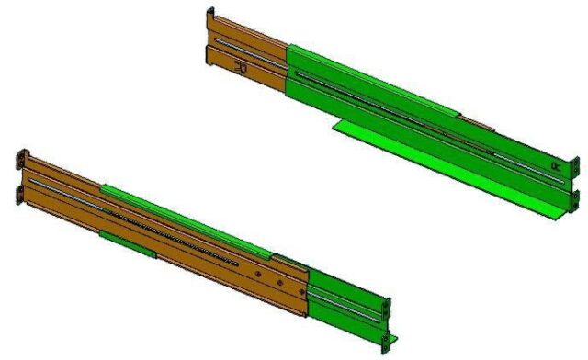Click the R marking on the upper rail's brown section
240,66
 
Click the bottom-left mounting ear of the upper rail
208,58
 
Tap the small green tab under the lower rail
124,241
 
